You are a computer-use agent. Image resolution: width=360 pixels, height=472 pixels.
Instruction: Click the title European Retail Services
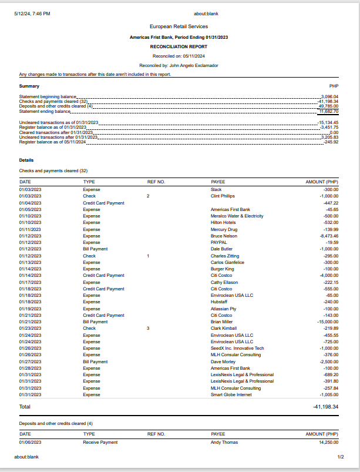tap(179, 26)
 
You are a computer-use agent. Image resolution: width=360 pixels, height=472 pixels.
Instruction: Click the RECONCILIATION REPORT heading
tap(179, 46)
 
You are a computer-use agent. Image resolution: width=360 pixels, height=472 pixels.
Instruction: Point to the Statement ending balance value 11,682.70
tap(329, 111)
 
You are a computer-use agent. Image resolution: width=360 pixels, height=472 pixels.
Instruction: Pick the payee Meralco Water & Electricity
tap(237, 216)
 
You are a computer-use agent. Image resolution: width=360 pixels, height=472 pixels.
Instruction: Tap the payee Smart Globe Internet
tap(231, 394)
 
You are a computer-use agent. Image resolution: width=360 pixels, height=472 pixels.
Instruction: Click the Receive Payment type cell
tap(100, 442)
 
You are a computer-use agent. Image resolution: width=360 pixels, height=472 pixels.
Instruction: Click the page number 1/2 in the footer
tap(340, 457)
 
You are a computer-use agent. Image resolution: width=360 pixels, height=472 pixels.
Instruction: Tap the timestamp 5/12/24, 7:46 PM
tap(32, 14)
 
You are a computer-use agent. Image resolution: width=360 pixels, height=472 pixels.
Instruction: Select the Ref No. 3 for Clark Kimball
tap(149, 328)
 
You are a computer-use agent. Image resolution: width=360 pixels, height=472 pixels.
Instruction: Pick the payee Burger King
tap(221, 269)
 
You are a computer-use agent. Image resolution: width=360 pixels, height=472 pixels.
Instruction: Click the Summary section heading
tap(29, 86)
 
